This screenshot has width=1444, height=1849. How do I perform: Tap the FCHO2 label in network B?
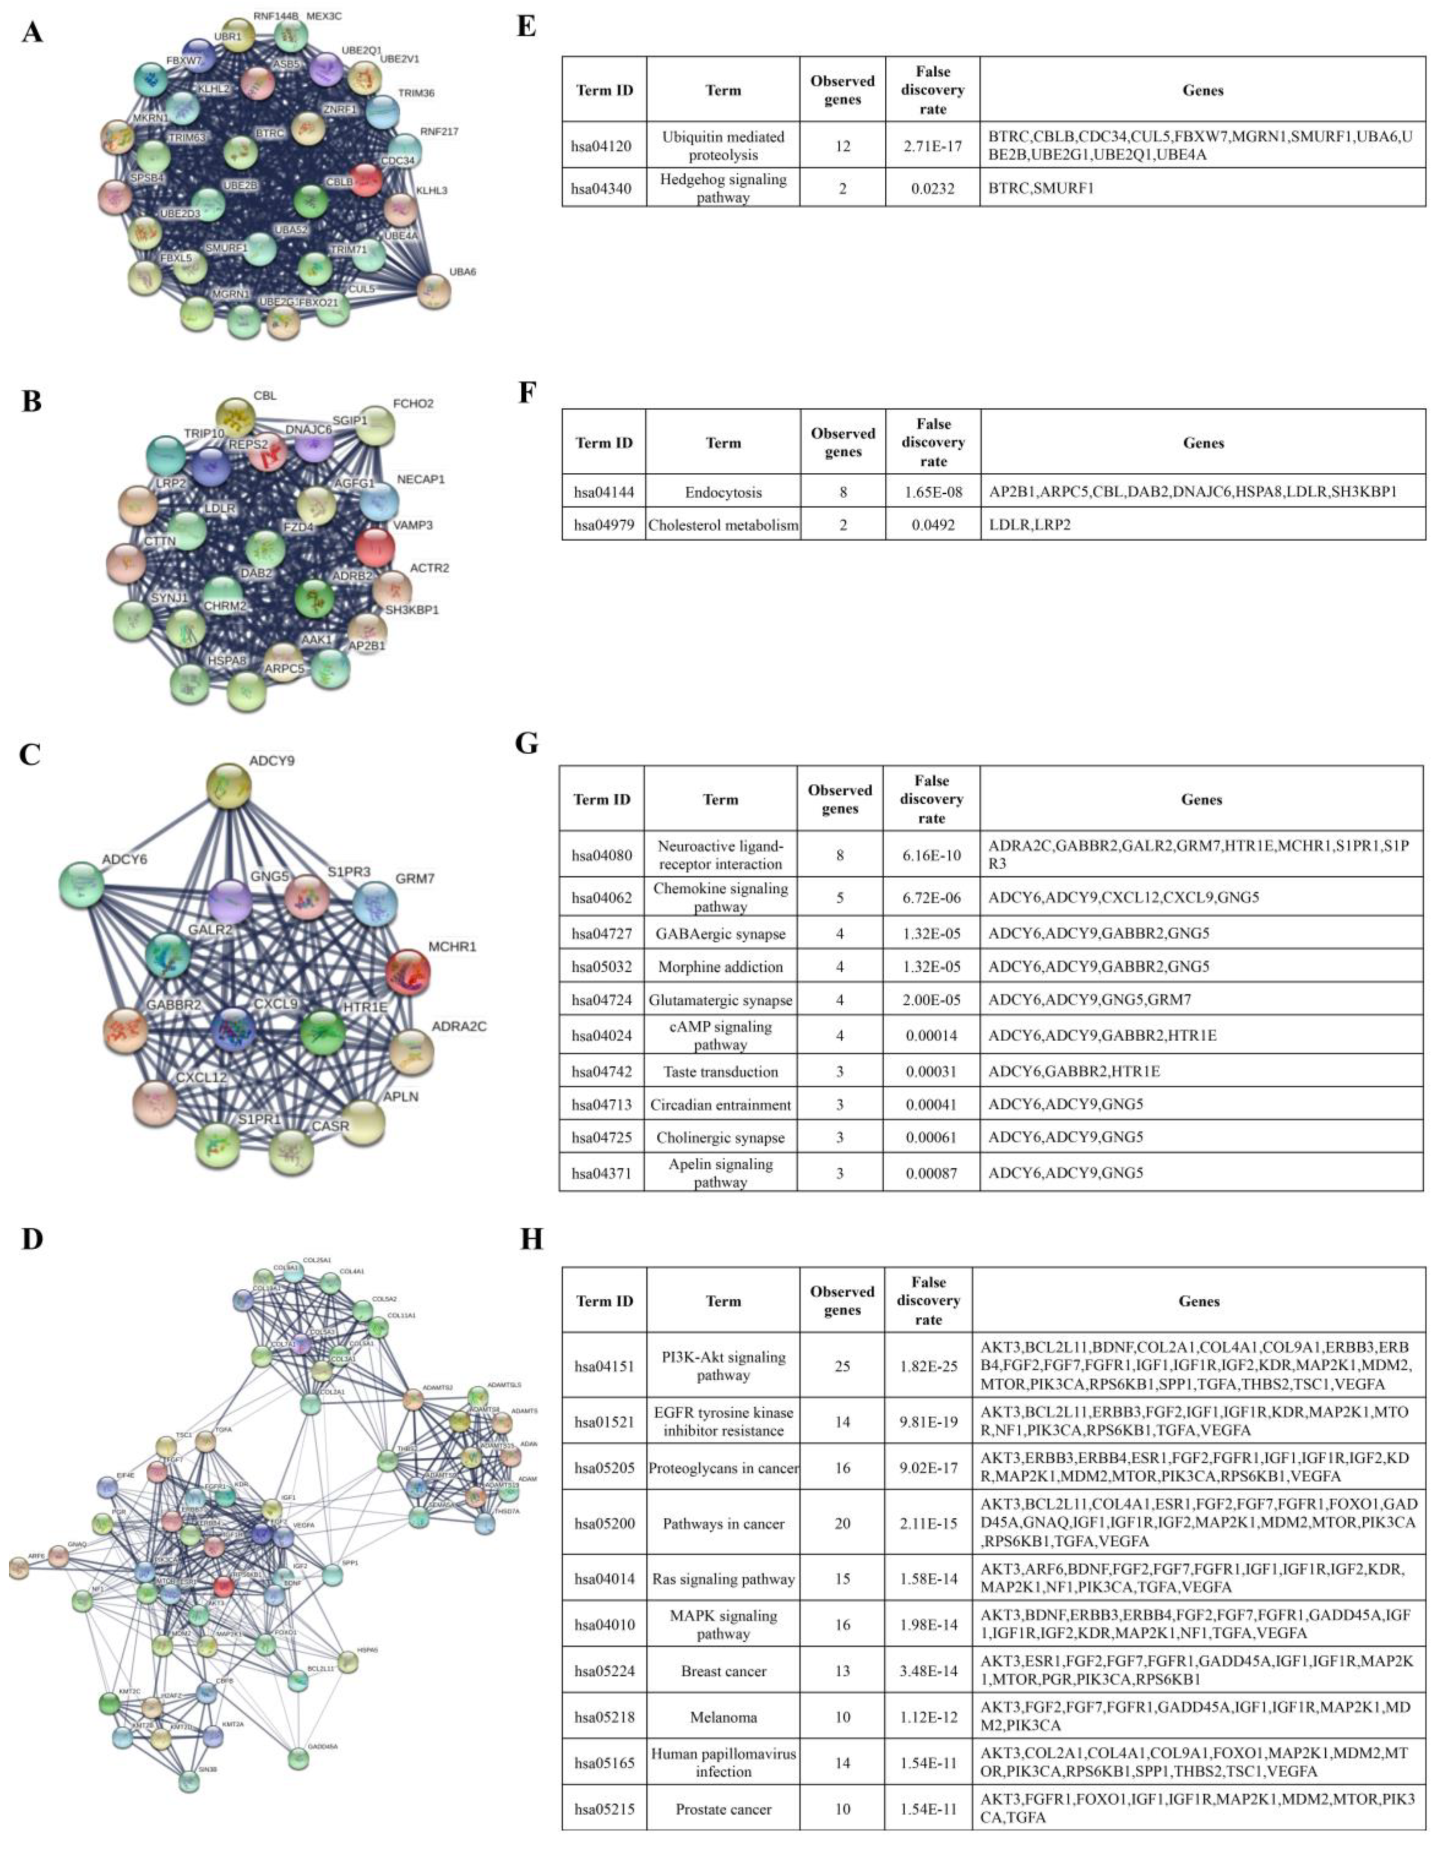click(413, 404)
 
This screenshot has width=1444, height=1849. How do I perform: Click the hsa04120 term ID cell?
click(604, 146)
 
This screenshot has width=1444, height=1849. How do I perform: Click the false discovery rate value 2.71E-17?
click(932, 146)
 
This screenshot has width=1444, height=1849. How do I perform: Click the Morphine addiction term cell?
click(720, 967)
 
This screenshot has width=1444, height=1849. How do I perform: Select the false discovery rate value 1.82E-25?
click(929, 1366)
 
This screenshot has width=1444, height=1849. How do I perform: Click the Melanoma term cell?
click(724, 1717)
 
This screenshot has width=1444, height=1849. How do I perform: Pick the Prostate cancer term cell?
click(724, 1809)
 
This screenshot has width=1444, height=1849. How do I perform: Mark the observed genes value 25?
click(842, 1366)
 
